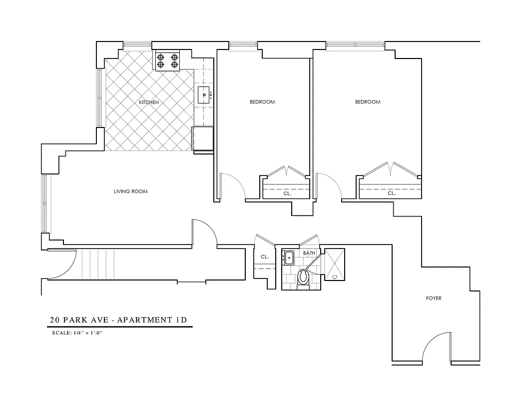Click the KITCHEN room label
click(x=149, y=102)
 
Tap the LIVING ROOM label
click(x=131, y=191)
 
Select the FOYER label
click(x=434, y=298)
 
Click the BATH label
click(x=309, y=253)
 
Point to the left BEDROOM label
click(x=262, y=102)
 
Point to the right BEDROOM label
click(x=368, y=102)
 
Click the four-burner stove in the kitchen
click(x=168, y=60)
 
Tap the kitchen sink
click(x=205, y=94)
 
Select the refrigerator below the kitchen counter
click(x=203, y=138)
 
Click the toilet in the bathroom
click(x=303, y=278)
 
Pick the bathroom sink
click(x=288, y=258)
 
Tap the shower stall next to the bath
click(x=335, y=264)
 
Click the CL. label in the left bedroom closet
click(x=287, y=192)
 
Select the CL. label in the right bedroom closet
click(x=392, y=192)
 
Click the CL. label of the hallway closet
click(x=264, y=256)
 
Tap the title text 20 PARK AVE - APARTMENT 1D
click(x=120, y=320)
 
